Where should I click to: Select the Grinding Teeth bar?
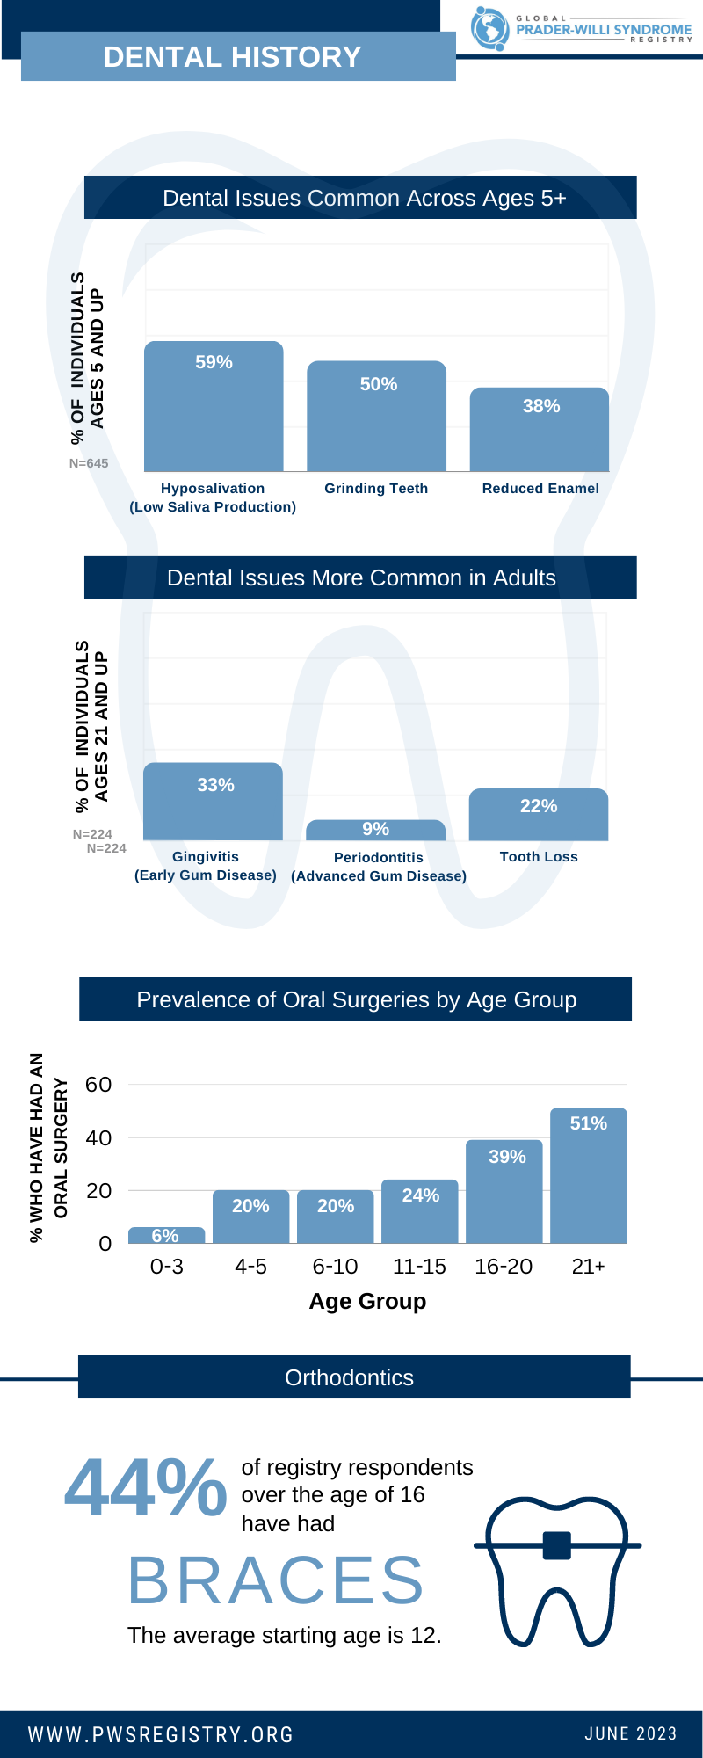tap(376, 417)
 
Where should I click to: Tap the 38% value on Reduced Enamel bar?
tap(541, 406)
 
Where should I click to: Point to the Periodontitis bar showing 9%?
tap(376, 830)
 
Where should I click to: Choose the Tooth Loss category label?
tap(539, 857)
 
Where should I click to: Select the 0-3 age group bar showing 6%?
tap(166, 1235)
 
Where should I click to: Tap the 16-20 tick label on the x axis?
tap(504, 1267)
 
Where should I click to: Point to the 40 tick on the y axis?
tap(98, 1137)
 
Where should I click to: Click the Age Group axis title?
tap(367, 1302)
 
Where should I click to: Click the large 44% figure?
tap(146, 1487)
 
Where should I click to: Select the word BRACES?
tap(276, 1580)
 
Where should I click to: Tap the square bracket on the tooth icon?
tap(557, 1544)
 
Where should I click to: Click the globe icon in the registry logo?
tap(489, 28)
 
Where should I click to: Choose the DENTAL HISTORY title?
tap(233, 57)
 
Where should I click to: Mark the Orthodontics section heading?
tap(350, 1377)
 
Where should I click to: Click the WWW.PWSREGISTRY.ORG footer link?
tap(162, 1734)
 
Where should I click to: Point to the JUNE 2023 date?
tap(631, 1733)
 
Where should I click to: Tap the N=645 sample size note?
tap(89, 463)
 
